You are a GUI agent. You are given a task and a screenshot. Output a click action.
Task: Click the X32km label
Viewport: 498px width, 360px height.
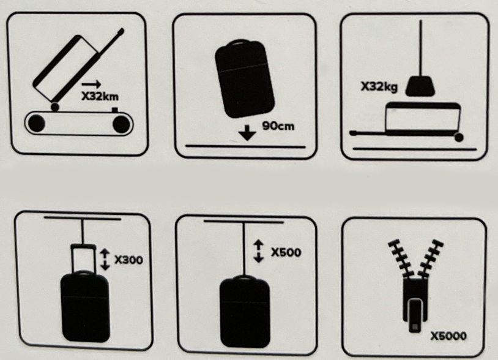click(x=100, y=96)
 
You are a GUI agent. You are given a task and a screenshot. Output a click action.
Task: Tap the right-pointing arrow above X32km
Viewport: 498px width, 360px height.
click(x=91, y=84)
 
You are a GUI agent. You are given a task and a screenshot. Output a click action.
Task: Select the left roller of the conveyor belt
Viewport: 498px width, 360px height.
click(x=37, y=123)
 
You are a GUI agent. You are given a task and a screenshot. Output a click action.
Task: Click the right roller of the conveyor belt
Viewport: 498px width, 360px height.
click(x=121, y=124)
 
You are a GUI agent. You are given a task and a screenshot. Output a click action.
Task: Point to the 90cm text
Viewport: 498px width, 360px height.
click(x=278, y=126)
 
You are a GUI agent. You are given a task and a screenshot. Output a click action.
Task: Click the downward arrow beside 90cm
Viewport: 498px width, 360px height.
click(x=247, y=133)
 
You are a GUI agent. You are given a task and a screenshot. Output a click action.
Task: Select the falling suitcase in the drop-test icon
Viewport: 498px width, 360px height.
click(x=244, y=79)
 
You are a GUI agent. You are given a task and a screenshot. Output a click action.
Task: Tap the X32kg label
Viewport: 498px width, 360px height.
click(x=379, y=86)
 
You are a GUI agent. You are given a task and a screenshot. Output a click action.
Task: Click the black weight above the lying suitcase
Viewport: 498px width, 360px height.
click(x=420, y=86)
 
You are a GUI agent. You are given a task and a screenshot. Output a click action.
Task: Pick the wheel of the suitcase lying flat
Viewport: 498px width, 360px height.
click(x=459, y=137)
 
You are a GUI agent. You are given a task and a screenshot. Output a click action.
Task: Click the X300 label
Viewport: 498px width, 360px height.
click(x=128, y=260)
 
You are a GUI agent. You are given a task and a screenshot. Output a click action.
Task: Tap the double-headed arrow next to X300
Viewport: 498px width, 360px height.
click(x=105, y=260)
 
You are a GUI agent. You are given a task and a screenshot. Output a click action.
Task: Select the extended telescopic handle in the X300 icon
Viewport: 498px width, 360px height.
click(x=83, y=258)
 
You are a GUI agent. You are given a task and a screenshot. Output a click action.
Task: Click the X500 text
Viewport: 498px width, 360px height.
click(x=286, y=252)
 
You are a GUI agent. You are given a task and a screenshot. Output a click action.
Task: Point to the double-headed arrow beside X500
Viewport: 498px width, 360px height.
click(x=259, y=251)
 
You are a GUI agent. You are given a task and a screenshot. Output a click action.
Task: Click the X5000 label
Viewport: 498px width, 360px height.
click(x=448, y=336)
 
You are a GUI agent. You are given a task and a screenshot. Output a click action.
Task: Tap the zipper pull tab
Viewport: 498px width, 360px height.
click(x=415, y=315)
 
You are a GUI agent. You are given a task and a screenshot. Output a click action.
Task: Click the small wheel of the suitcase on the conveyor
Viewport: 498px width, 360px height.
click(x=55, y=107)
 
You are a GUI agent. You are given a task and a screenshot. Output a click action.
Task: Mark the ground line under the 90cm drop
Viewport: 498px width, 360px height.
click(x=245, y=146)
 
